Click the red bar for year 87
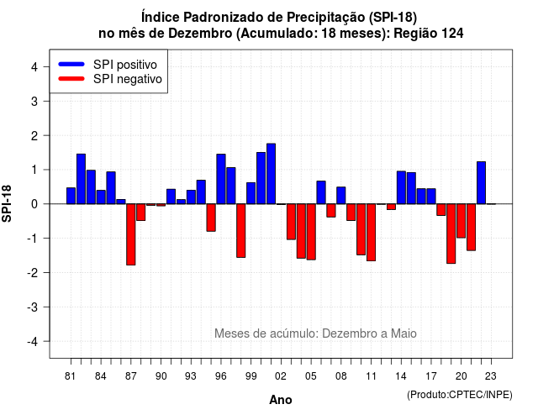click(x=131, y=234)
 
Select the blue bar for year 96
click(x=221, y=179)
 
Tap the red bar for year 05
click(x=311, y=232)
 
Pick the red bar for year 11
click(x=372, y=233)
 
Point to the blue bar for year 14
click(x=402, y=187)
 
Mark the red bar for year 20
click(x=462, y=221)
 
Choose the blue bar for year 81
click(x=71, y=196)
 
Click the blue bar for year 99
click(x=251, y=193)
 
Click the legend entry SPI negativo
click(x=110, y=79)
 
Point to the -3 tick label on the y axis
click(x=33, y=307)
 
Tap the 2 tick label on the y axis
click(x=34, y=136)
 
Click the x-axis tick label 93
click(x=191, y=376)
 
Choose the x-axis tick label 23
click(x=491, y=376)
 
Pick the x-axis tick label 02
click(x=281, y=376)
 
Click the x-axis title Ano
click(x=281, y=400)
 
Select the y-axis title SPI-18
click(x=7, y=203)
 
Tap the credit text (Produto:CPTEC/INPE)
click(x=460, y=395)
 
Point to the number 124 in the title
click(x=452, y=34)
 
